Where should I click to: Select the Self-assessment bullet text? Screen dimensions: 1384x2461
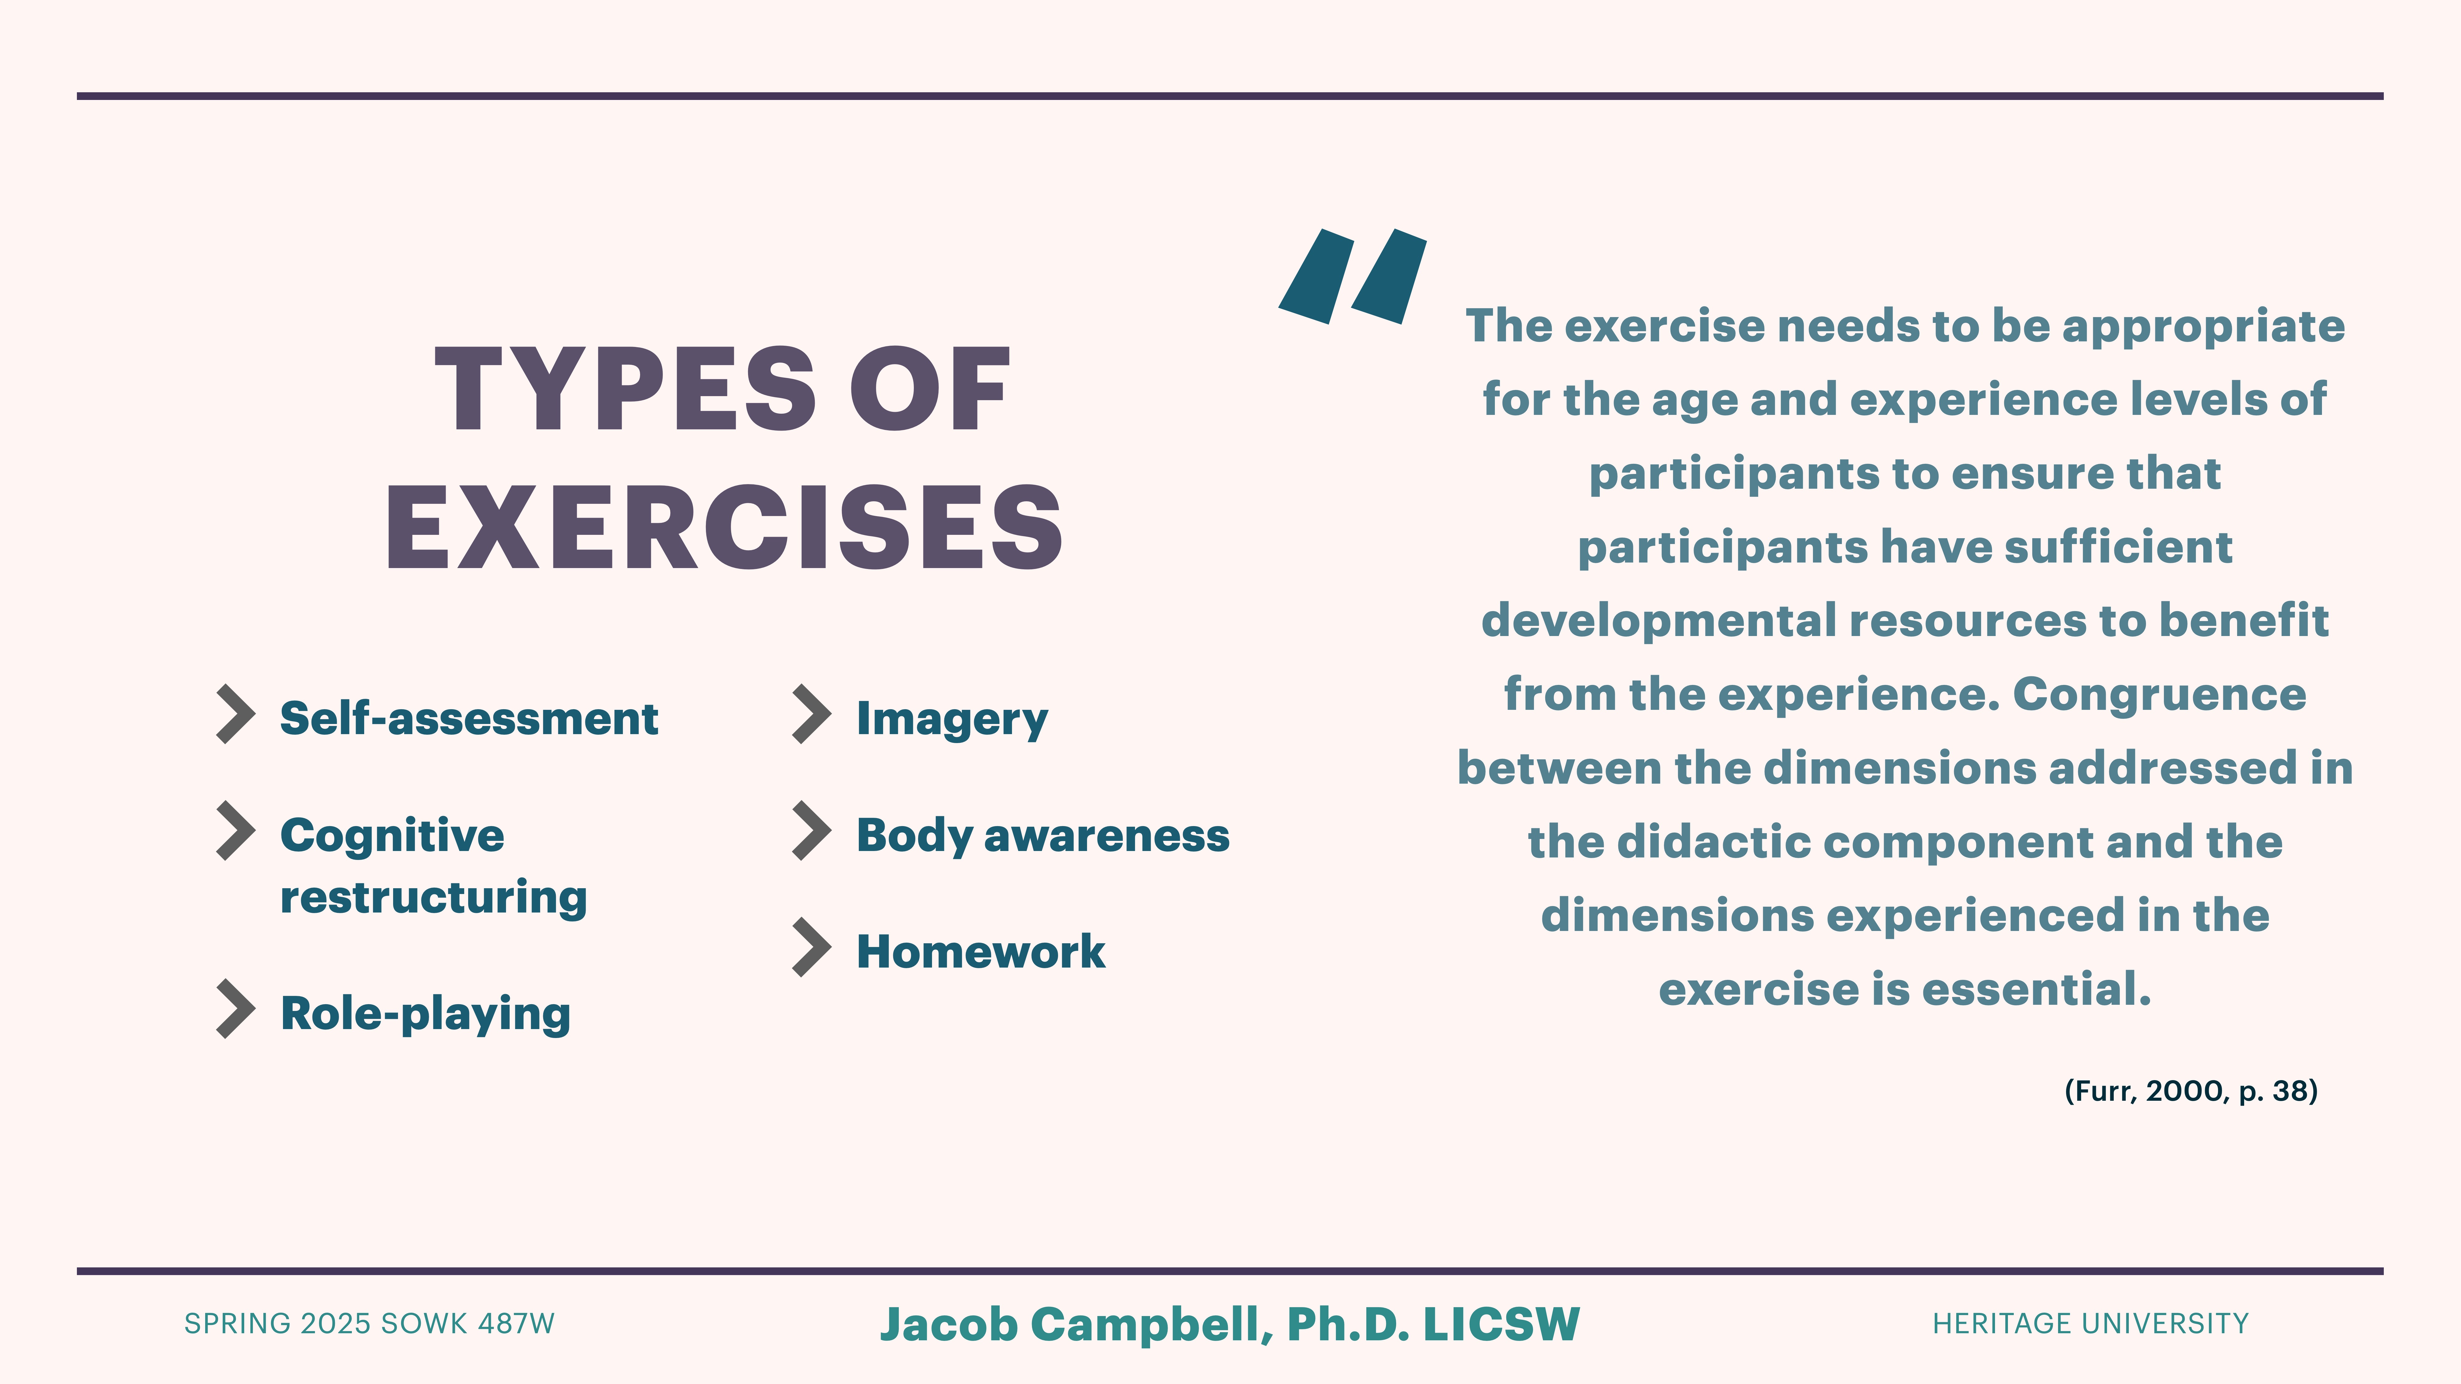pos(468,718)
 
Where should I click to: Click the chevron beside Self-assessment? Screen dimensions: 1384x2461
pos(235,714)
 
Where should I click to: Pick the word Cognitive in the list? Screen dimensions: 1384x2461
pos(392,836)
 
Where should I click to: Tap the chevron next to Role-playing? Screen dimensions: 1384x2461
pos(235,1009)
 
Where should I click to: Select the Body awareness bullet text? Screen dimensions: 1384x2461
pos(1042,836)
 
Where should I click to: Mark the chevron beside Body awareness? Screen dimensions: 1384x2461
pos(811,831)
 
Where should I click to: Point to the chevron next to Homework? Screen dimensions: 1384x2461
pos(811,948)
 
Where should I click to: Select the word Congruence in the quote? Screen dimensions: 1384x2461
pos(2159,694)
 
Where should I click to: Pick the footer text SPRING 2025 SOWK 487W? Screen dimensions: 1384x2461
pos(369,1324)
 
